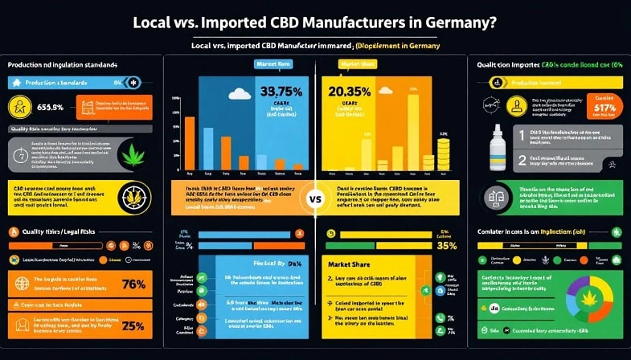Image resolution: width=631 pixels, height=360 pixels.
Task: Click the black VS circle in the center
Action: (x=315, y=198)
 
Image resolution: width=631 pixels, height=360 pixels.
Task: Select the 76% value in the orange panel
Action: (x=131, y=284)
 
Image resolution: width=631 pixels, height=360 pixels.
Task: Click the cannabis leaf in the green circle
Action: (x=133, y=153)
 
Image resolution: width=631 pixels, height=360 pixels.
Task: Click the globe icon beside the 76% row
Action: (x=15, y=284)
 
